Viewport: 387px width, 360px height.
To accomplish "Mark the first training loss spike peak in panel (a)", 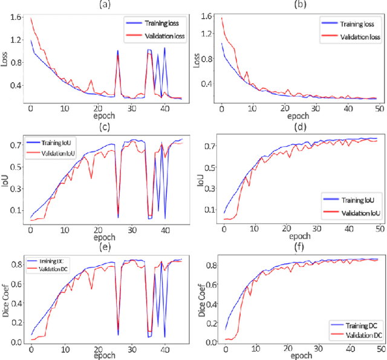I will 117,51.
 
